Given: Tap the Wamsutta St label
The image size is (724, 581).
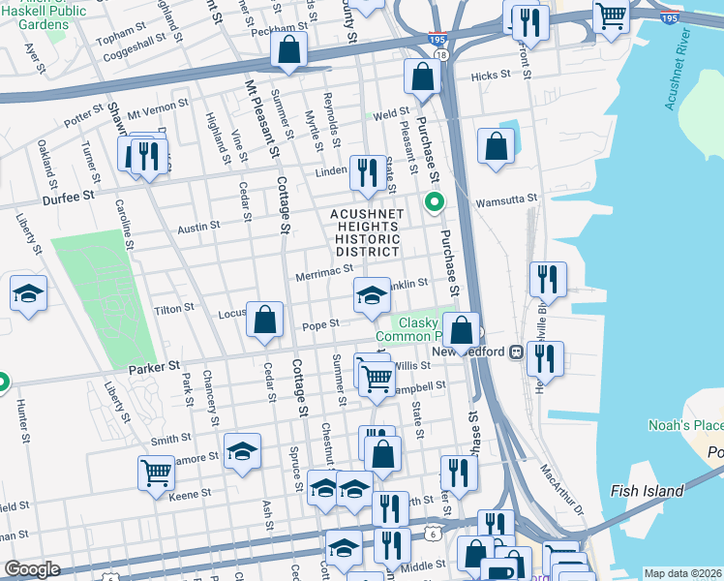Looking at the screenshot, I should coord(506,199).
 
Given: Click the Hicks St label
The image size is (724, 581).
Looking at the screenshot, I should coord(490,76).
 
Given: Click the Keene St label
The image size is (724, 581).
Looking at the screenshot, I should coord(190,494).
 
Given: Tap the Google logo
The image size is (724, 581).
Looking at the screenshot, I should coord(32,569).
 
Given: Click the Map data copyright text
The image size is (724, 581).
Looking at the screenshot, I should coord(682,573).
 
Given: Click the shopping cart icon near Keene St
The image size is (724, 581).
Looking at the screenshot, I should coord(157,474).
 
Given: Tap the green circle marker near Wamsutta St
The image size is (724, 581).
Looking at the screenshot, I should coord(435,202).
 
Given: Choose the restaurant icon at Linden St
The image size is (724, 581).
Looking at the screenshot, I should coord(365,172).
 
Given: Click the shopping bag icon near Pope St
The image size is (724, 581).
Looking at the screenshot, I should coord(264,320).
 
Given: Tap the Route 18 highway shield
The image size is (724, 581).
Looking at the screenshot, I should coord(441,56).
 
